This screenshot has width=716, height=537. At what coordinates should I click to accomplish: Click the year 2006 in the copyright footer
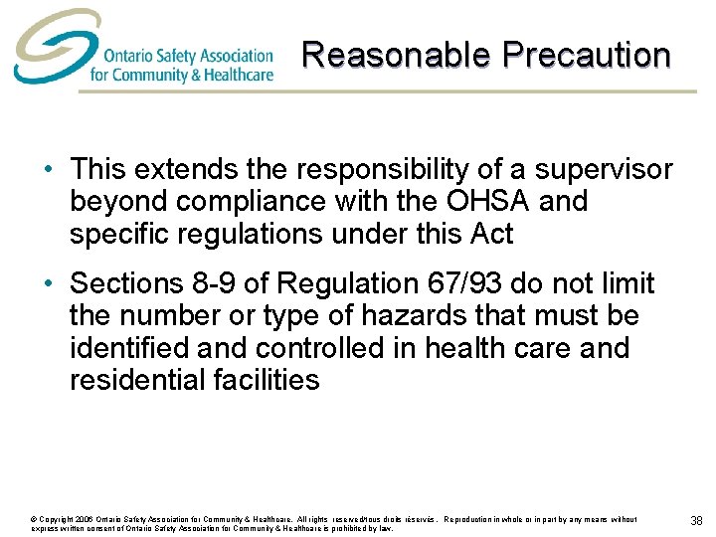[x=82, y=519]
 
